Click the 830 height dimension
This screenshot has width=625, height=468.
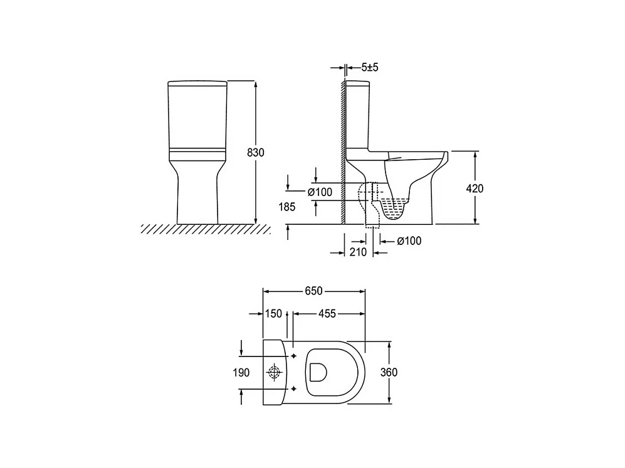256,152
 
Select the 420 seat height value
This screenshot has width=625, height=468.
475,189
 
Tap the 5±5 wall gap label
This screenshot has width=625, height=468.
369,67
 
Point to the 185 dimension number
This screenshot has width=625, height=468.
287,207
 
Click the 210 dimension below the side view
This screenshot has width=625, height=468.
358,252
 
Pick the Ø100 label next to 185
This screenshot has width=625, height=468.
320,192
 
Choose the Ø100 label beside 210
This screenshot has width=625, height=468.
409,241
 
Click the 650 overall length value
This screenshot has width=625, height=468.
313,291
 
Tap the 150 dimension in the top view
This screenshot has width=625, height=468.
273,314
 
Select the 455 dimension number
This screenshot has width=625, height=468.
327,314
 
